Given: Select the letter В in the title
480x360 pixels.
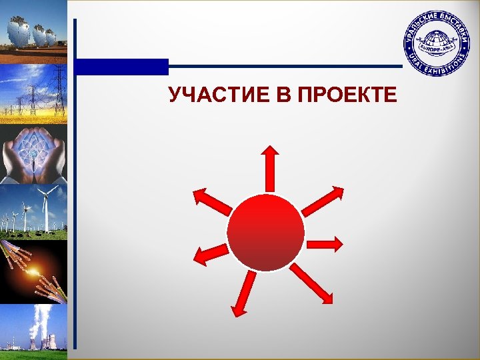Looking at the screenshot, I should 280,96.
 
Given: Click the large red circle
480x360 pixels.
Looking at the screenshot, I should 265,233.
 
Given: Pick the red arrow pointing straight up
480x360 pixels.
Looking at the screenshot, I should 270,167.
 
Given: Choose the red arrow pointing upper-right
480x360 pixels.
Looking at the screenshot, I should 323,201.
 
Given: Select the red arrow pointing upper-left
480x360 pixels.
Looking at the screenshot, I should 212,202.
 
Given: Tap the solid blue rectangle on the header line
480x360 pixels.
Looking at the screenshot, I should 121,67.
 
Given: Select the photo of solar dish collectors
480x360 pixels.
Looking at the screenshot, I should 33,31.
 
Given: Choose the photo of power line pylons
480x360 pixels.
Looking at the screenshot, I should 33,93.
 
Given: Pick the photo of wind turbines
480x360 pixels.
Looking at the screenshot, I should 33,212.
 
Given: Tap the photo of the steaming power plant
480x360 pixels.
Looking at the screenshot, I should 33,328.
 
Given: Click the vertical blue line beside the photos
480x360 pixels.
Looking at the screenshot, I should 75,200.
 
